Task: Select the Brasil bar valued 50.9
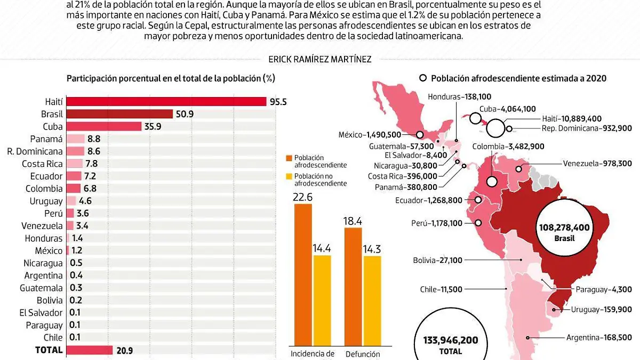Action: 119,114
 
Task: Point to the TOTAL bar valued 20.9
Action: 90,350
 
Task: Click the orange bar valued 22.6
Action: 303,275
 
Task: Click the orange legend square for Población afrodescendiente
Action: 290,158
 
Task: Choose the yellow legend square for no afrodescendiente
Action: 290,176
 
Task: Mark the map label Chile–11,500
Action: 441,289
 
